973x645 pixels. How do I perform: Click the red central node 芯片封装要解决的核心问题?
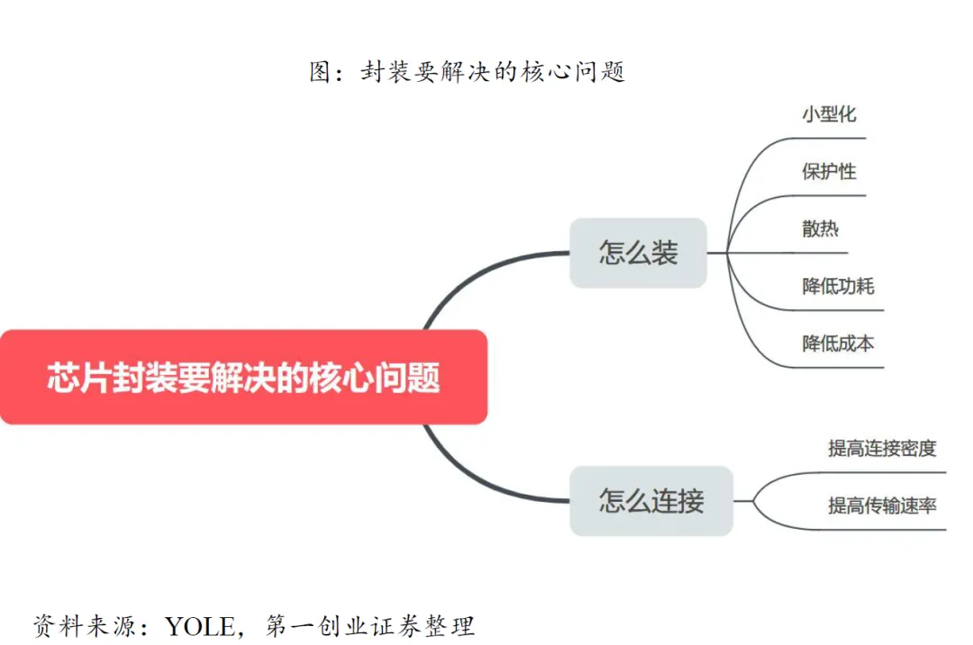tap(243, 377)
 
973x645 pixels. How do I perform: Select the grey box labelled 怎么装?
tap(638, 253)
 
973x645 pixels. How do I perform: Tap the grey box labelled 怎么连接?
tap(651, 500)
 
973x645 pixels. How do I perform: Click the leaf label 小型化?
tap(829, 114)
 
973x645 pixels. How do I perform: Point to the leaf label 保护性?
tap(829, 171)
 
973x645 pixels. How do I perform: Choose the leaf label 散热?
tap(820, 229)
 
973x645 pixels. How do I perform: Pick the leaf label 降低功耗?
tap(838, 286)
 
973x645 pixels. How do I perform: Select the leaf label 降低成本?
tap(838, 343)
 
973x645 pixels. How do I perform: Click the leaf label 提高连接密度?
tap(882, 448)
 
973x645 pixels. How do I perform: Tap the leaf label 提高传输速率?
tap(882, 505)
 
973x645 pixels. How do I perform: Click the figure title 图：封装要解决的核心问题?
tap(467, 72)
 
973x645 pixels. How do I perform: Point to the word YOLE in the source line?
tap(205, 624)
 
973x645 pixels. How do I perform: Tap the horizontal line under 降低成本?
tap(838, 368)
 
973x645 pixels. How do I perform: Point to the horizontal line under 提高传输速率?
tap(883, 530)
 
